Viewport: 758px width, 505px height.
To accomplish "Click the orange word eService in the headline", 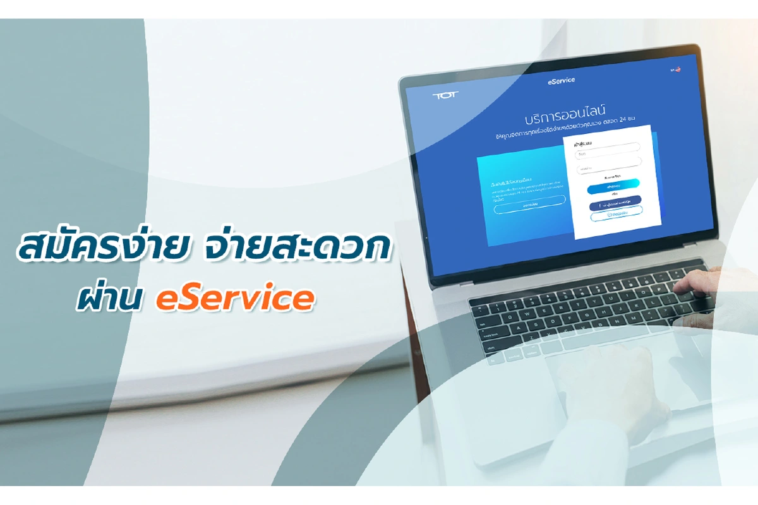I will (x=234, y=299).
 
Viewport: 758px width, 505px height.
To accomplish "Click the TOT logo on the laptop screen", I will (x=445, y=95).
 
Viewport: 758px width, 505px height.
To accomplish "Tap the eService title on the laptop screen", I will (x=561, y=81).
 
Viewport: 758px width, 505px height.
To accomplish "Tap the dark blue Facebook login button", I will (x=615, y=203).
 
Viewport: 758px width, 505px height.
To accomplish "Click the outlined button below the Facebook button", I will (x=616, y=214).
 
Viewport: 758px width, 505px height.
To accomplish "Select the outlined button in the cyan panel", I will (x=529, y=205).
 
